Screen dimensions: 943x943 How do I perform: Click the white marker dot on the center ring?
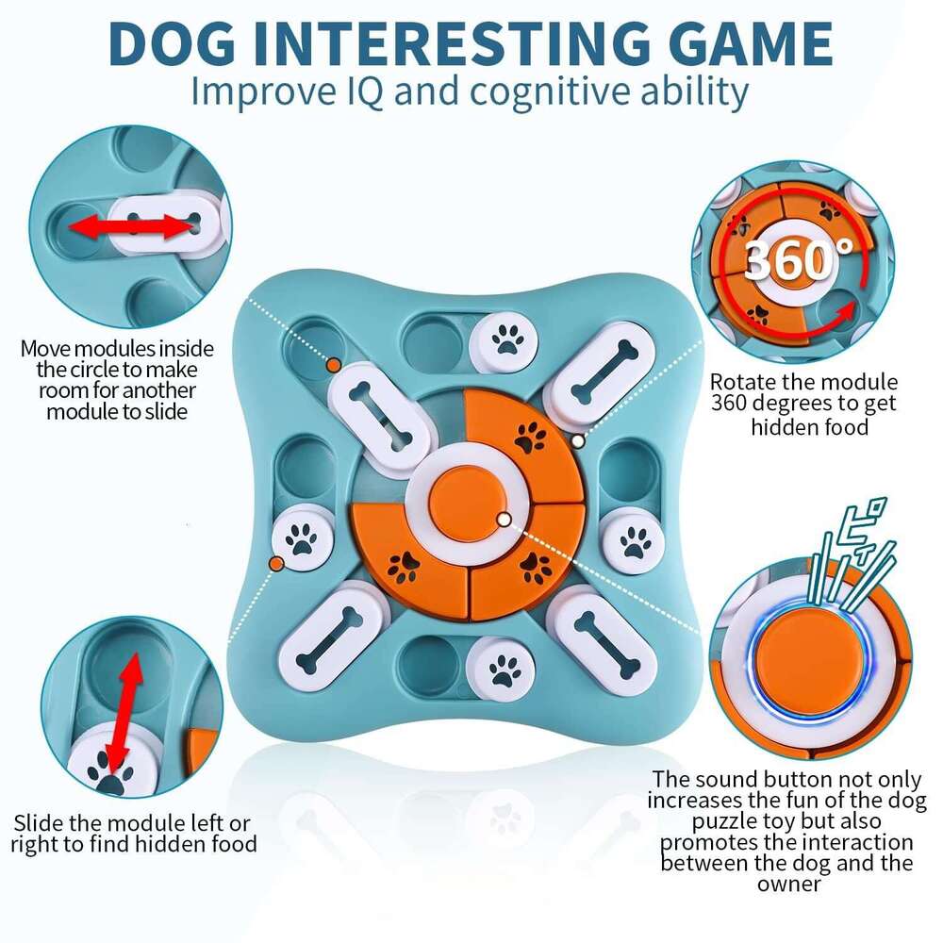pyautogui.click(x=504, y=519)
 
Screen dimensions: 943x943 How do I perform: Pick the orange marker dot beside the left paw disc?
pyautogui.click(x=276, y=563)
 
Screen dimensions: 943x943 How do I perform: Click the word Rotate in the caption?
pyautogui.click(x=742, y=383)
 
